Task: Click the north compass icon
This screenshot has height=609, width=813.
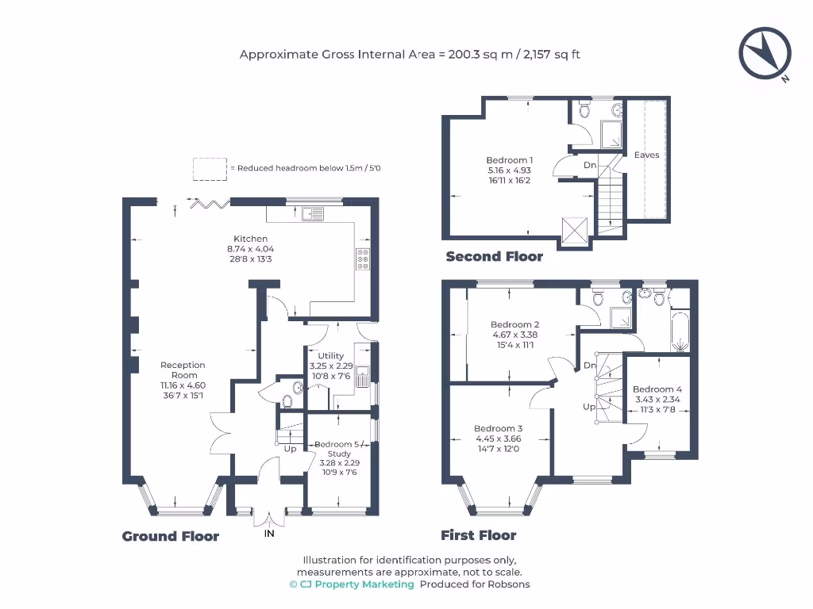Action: (x=765, y=53)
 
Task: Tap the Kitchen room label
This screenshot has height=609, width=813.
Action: (x=250, y=239)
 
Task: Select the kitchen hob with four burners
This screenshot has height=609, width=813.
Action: (x=364, y=259)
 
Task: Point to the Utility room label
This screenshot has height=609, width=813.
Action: (x=330, y=356)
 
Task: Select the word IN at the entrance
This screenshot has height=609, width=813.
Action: (x=270, y=536)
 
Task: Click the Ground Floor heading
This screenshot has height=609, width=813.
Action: (x=171, y=536)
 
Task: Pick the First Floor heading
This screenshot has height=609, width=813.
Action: (x=479, y=535)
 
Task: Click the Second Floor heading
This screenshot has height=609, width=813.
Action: (x=494, y=256)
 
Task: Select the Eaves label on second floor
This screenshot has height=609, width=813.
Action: (x=646, y=155)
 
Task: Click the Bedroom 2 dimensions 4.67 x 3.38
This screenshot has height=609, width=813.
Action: (x=514, y=335)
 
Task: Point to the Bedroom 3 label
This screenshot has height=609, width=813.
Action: (x=498, y=428)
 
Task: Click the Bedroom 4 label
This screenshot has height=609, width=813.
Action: (x=657, y=389)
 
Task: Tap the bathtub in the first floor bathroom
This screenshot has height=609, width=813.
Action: (x=680, y=332)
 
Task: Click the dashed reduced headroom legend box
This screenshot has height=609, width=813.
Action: (x=210, y=168)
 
